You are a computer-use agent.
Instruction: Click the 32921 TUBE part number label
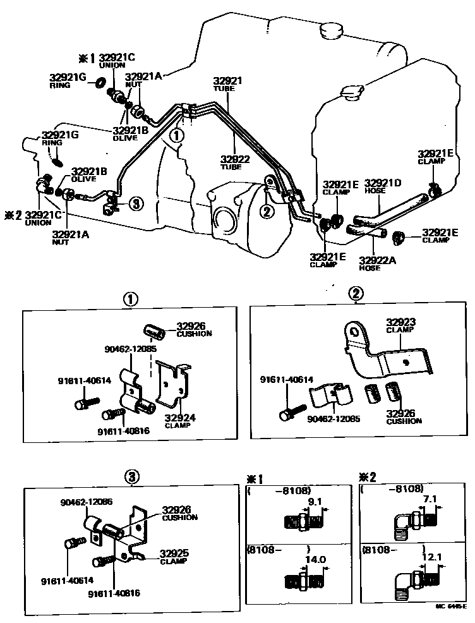(x=227, y=83)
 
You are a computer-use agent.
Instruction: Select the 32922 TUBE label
(x=236, y=162)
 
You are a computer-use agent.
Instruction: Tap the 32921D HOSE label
(x=383, y=186)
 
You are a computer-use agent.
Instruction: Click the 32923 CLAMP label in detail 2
(x=400, y=325)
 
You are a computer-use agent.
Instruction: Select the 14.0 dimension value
(x=315, y=560)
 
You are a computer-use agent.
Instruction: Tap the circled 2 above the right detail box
(x=357, y=293)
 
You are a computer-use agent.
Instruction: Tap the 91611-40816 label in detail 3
(x=114, y=593)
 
